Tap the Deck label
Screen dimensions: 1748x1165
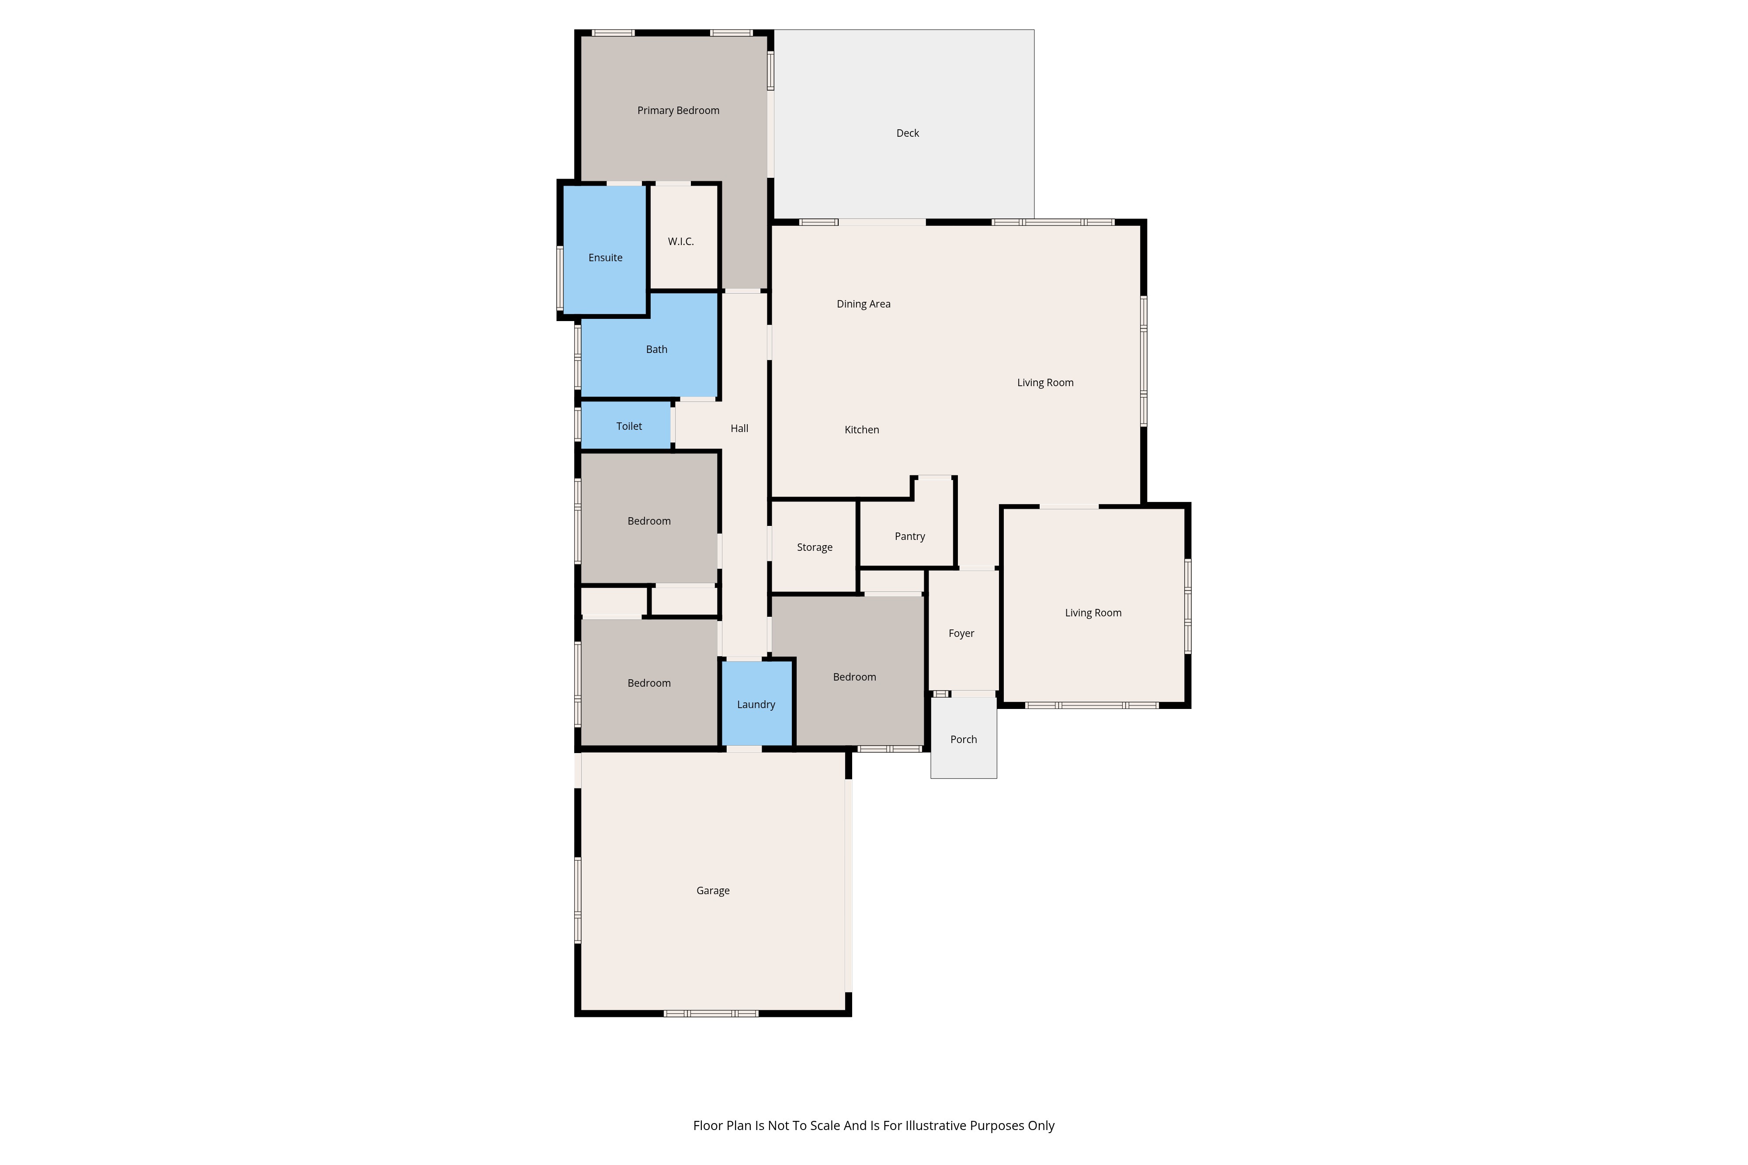[908, 133]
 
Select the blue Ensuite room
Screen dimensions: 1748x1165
[605, 250]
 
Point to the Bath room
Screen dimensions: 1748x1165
[649, 346]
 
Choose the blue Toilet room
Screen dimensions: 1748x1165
[626, 426]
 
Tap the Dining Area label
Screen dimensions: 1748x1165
[864, 304]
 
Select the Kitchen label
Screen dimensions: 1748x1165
[862, 429]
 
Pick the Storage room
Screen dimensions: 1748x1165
[814, 547]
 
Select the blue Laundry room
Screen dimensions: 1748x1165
[756, 703]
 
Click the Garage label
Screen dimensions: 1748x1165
[713, 891]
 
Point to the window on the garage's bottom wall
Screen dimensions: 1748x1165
[711, 1013]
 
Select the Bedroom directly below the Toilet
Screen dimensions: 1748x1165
[649, 518]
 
